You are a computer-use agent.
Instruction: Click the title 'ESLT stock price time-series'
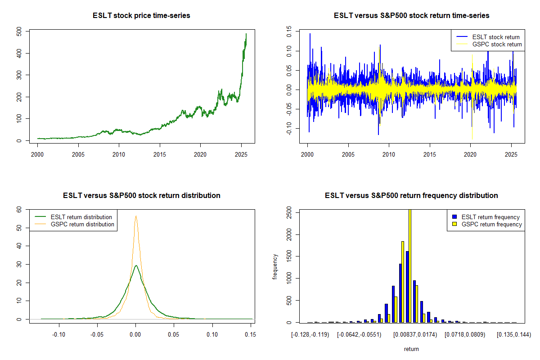pos(141,16)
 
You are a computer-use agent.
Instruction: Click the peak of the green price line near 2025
pos(246,34)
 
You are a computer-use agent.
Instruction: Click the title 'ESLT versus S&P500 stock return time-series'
pos(411,16)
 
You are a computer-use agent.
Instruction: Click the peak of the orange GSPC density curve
pos(135,216)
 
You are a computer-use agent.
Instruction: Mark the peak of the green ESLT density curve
pos(136,265)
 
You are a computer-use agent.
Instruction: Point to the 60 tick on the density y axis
pos(19,209)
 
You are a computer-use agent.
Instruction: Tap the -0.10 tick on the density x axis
pos(58,334)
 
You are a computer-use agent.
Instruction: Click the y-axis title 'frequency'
pos(275,266)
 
